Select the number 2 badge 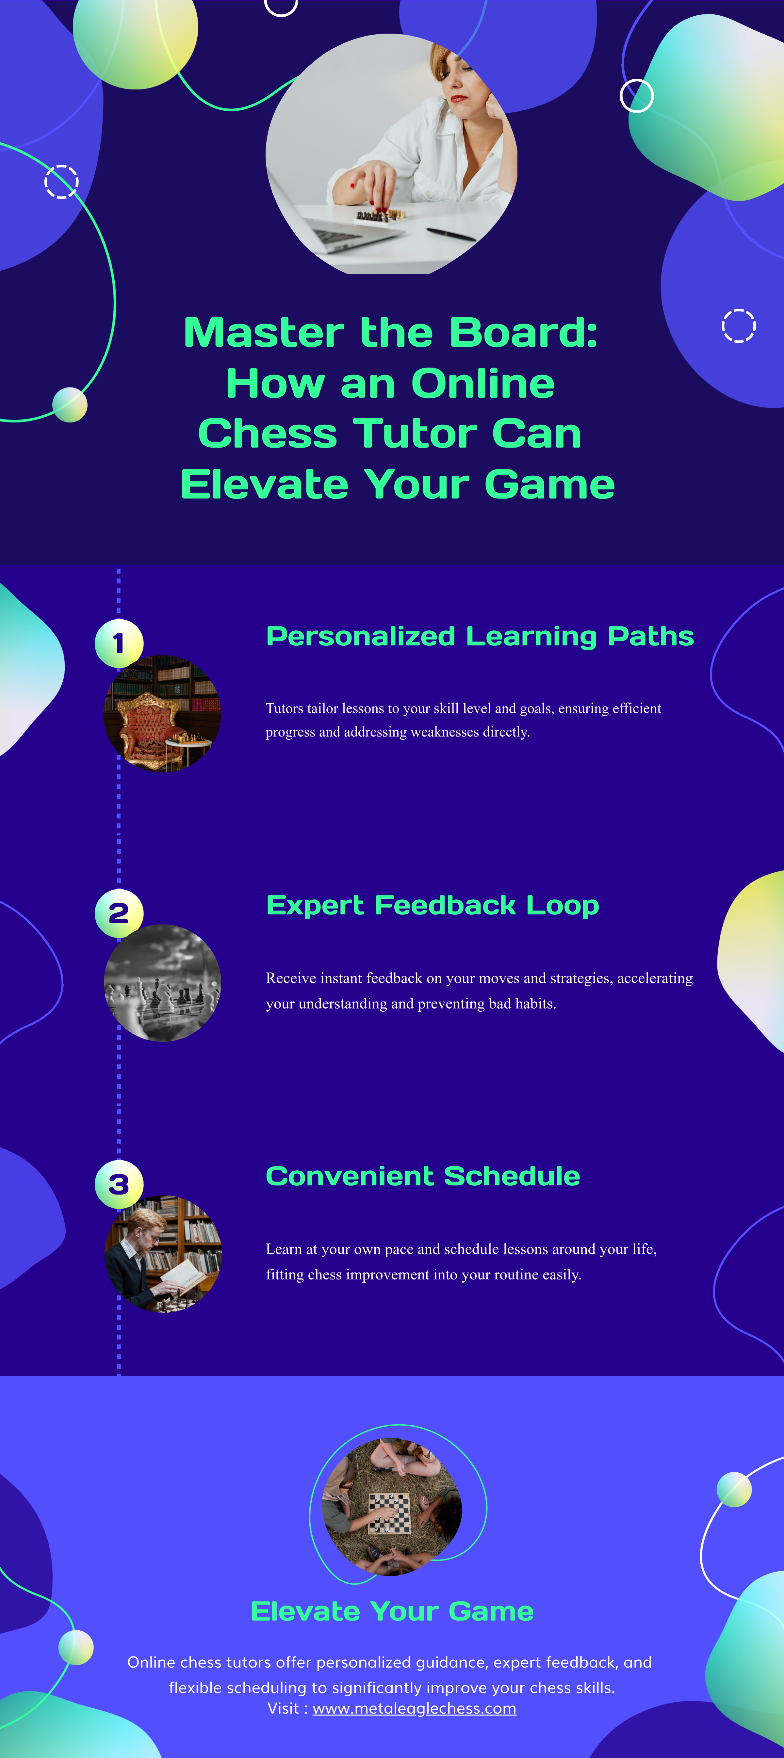coord(119,913)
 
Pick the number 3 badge coord(119,1184)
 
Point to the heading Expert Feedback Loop coord(432,906)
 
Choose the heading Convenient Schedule coord(423,1176)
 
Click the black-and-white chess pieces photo coord(162,983)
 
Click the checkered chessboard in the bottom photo coord(390,1513)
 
